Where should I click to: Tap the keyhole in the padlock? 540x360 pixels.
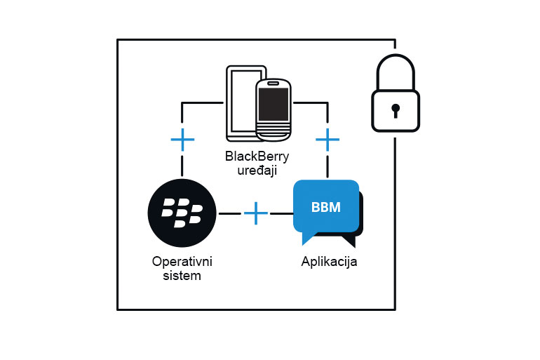(396, 110)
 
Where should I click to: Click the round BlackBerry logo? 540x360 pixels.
(182, 213)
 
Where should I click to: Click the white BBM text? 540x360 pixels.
(326, 208)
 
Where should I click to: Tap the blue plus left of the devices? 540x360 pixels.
(182, 140)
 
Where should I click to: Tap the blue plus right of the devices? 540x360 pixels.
(328, 140)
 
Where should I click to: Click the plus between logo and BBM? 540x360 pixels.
(256, 213)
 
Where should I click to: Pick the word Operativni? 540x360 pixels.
(182, 262)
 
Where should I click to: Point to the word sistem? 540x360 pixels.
(182, 275)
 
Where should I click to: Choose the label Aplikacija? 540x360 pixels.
(329, 262)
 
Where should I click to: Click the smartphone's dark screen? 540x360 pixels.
(274, 103)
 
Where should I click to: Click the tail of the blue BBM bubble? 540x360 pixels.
(307, 239)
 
